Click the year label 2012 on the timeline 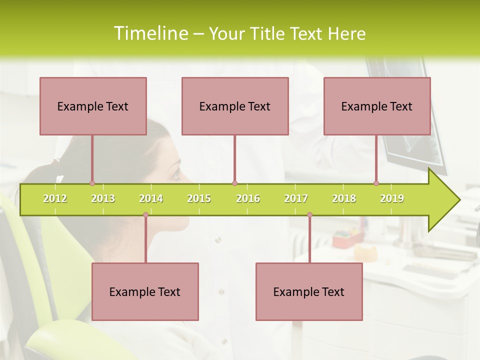tap(55, 198)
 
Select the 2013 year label tap(103, 198)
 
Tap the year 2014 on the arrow tap(151, 198)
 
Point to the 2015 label tap(199, 198)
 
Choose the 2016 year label tap(248, 198)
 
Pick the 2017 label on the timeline tap(296, 198)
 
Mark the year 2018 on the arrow tap(344, 198)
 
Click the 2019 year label tap(392, 198)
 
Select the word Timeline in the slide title tap(149, 33)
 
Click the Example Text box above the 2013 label tap(93, 106)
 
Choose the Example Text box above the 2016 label tap(235, 106)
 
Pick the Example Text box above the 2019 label tap(377, 106)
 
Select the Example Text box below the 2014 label tap(145, 291)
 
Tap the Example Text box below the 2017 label tap(309, 291)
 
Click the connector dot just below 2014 tap(145, 214)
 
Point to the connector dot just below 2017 tap(309, 214)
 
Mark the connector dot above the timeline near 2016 tap(234, 183)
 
